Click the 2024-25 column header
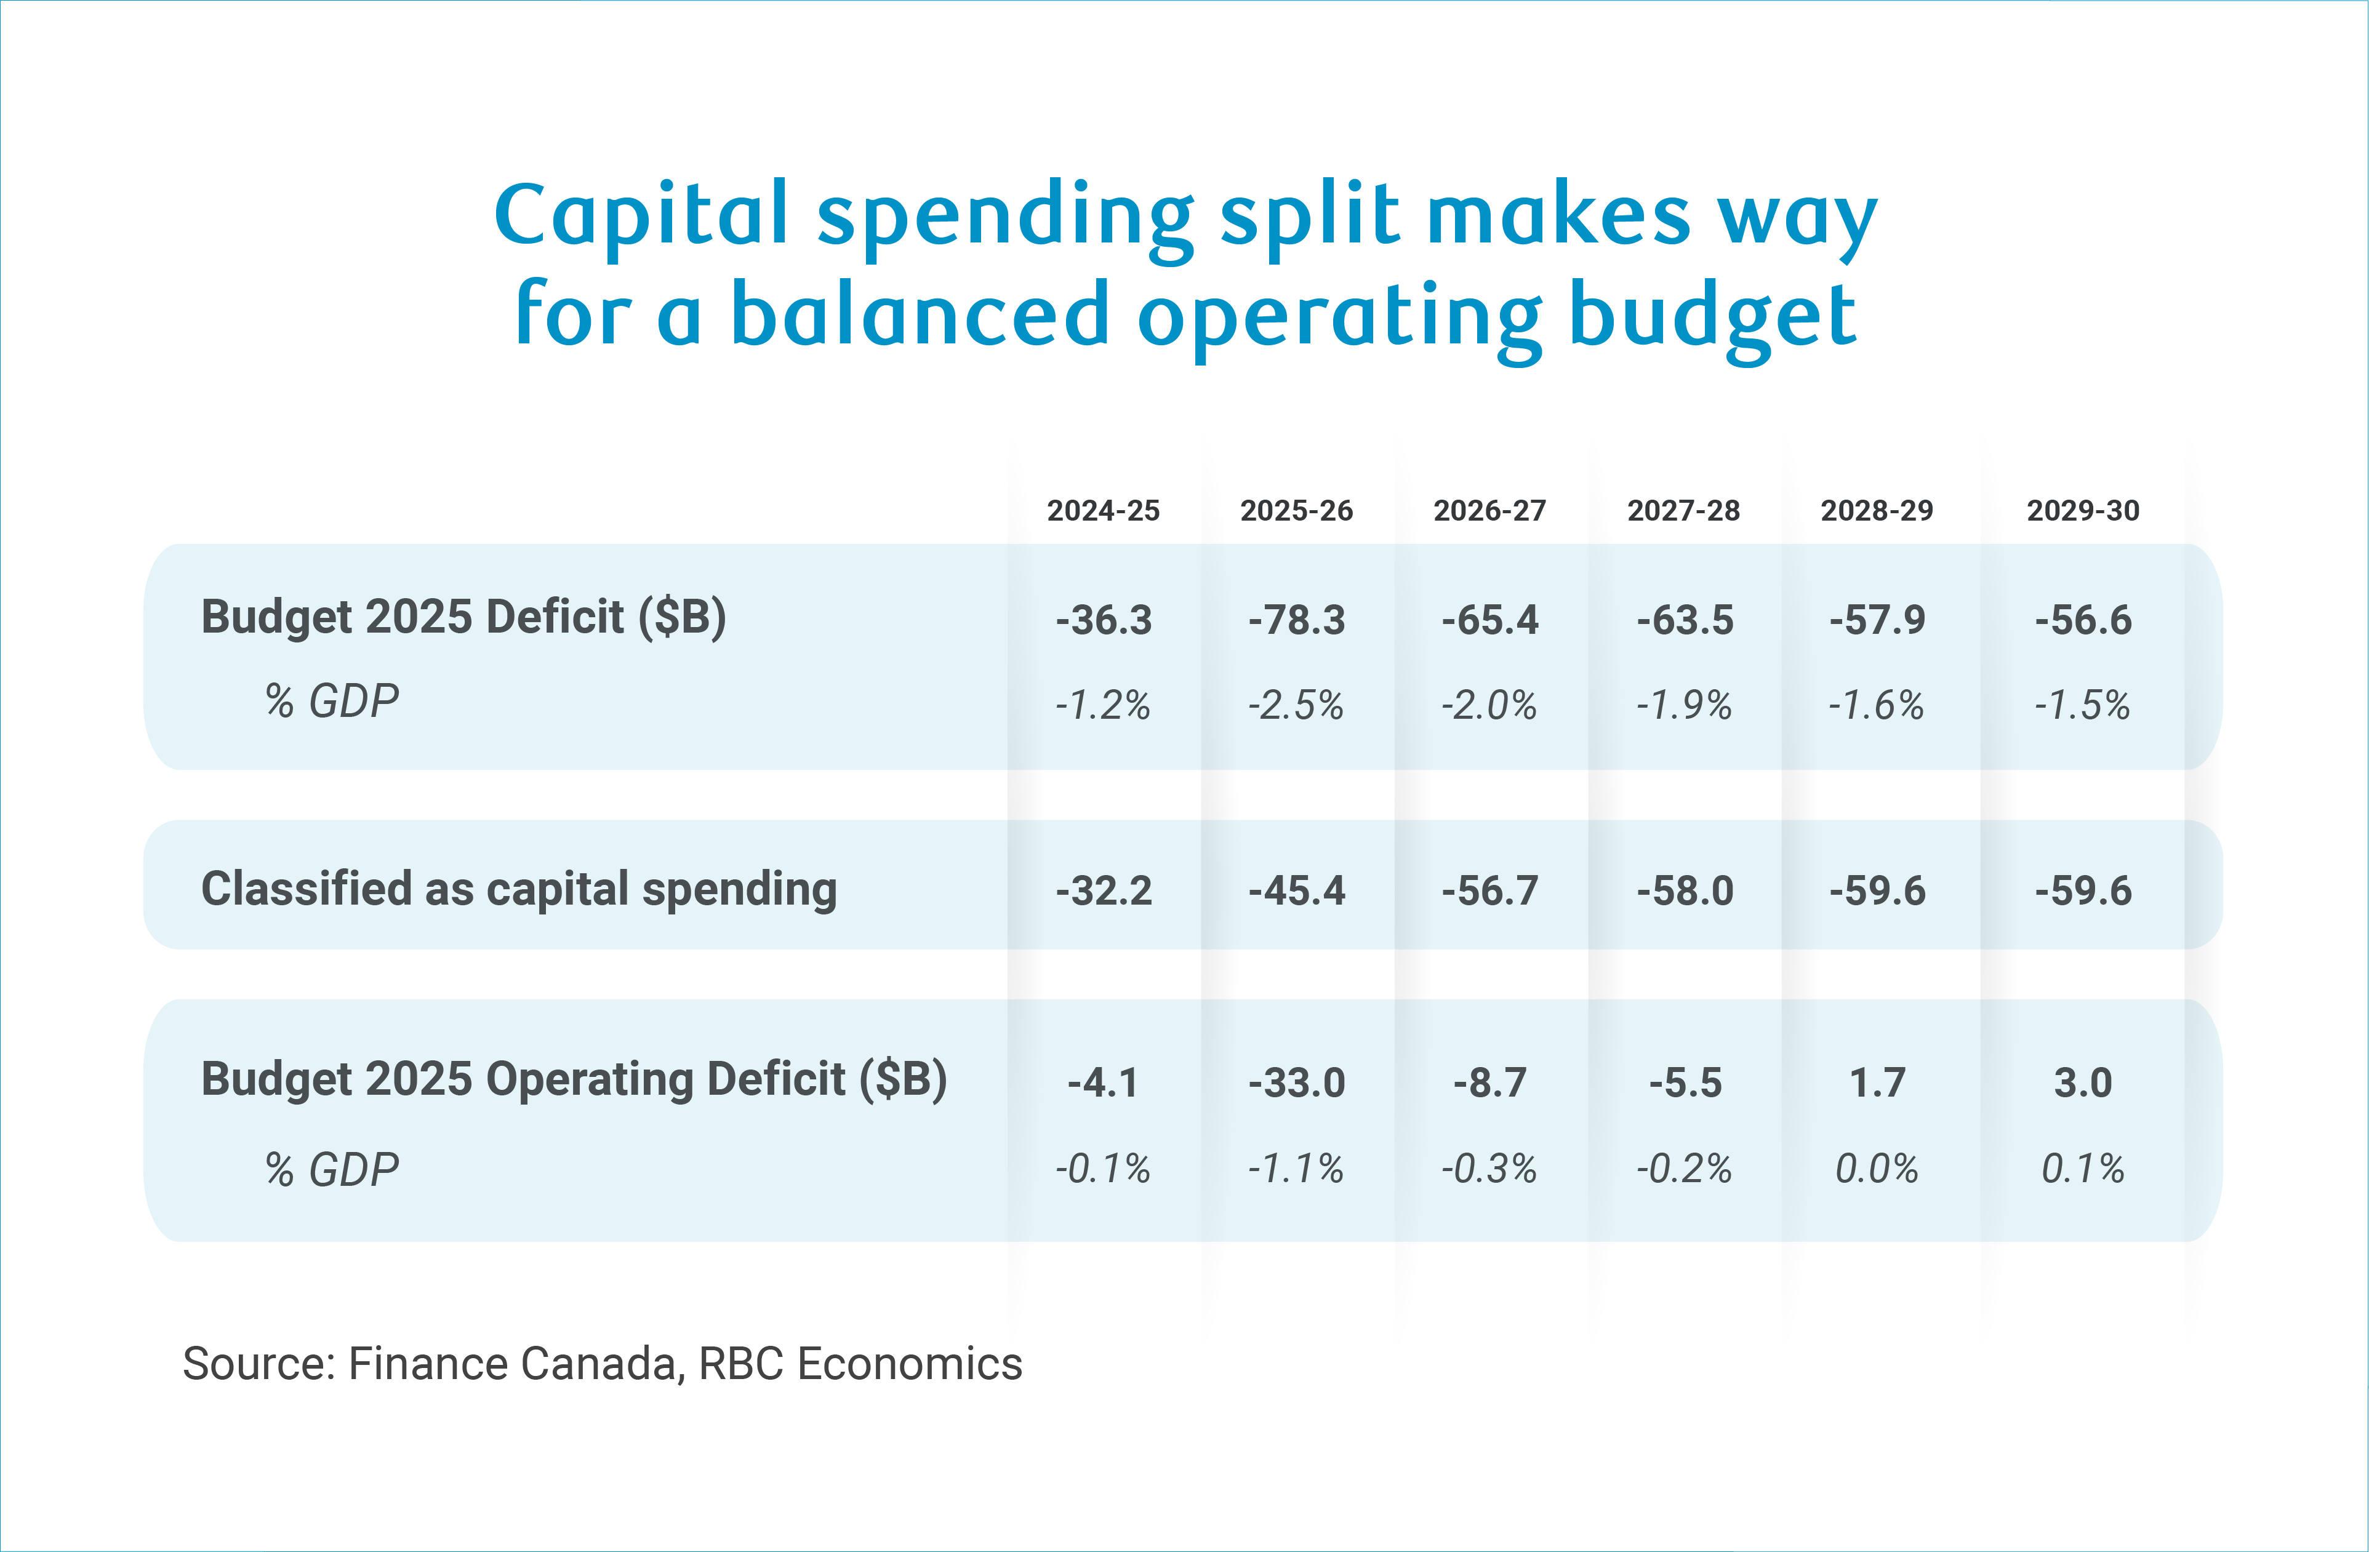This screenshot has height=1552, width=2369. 1103,511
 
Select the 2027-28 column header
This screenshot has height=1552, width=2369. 1683,511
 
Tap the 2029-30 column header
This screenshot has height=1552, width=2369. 2082,511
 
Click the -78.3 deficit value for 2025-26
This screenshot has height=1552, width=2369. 1296,620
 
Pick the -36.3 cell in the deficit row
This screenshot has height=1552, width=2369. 1103,620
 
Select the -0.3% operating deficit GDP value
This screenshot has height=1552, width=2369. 1489,1169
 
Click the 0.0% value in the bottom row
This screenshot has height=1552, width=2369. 1877,1169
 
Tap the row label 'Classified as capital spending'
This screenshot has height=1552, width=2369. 519,889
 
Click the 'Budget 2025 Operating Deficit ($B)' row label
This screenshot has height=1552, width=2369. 574,1080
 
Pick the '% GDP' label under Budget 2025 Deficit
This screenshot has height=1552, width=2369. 332,702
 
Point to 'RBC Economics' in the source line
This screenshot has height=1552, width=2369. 860,1364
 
